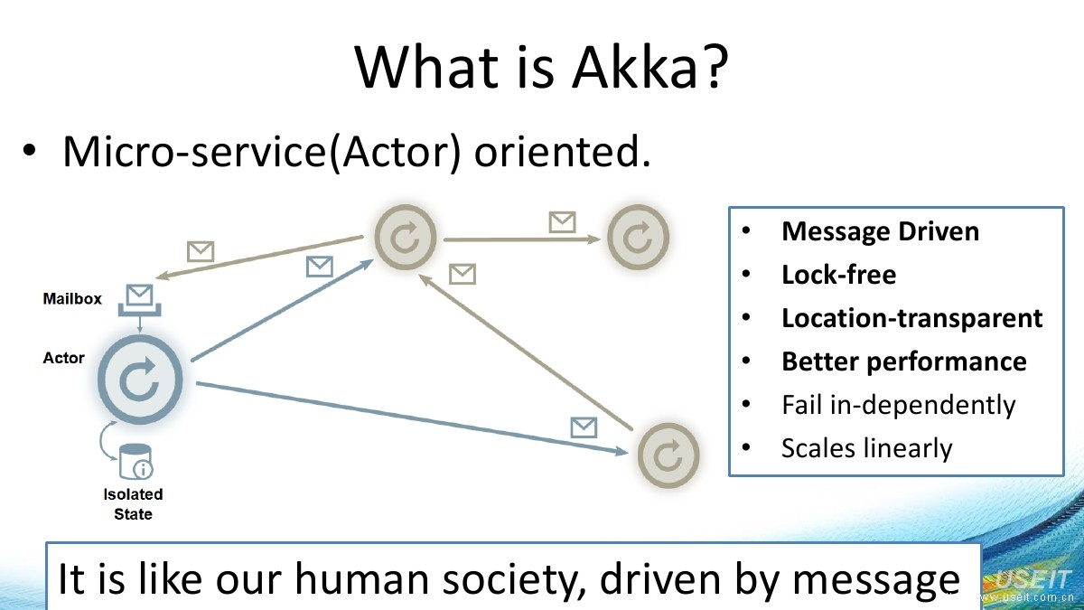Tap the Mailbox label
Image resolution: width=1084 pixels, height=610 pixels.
tap(72, 299)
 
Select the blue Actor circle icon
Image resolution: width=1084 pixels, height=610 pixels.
tap(139, 380)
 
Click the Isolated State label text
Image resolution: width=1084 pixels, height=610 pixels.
tap(133, 504)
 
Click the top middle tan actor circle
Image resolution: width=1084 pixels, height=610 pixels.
tap(406, 238)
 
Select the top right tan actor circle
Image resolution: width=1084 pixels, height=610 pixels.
tap(638, 238)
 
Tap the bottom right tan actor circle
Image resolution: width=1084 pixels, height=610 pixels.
tap(668, 455)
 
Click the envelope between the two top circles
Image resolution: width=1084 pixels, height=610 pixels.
tap(562, 221)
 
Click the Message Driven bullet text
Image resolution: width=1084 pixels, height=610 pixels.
tap(880, 231)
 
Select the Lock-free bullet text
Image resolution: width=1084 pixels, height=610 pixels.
tap(838, 275)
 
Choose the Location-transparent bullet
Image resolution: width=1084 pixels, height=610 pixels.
tap(911, 318)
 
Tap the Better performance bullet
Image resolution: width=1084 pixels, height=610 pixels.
tap(903, 361)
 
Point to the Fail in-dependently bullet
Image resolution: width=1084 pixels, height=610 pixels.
tap(898, 405)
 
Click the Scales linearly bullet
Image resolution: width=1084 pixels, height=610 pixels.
tap(866, 448)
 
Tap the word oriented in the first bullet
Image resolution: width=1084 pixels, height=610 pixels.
tap(562, 153)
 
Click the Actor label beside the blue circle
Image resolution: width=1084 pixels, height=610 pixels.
tap(63, 358)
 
